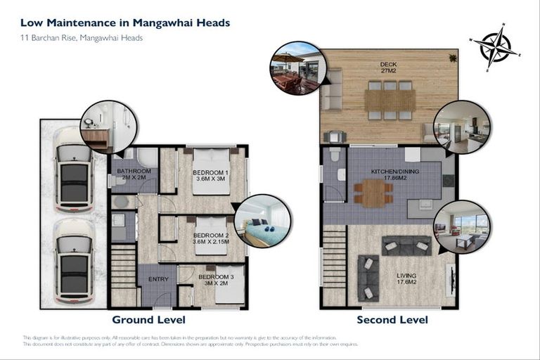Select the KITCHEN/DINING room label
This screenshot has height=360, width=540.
click(388, 174)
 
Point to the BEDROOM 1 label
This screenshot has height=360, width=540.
click(211, 176)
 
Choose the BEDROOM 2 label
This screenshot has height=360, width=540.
click(211, 238)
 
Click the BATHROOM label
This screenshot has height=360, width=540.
click(134, 174)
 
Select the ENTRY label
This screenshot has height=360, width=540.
click(157, 280)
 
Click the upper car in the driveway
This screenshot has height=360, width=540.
click(74, 169)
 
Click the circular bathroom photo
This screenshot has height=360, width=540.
click(108, 127)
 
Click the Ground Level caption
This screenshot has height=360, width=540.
click(148, 320)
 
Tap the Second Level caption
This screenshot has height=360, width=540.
click(392, 320)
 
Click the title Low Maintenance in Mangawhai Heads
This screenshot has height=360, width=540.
click(126, 22)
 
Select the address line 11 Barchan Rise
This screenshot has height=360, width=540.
click(82, 38)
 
